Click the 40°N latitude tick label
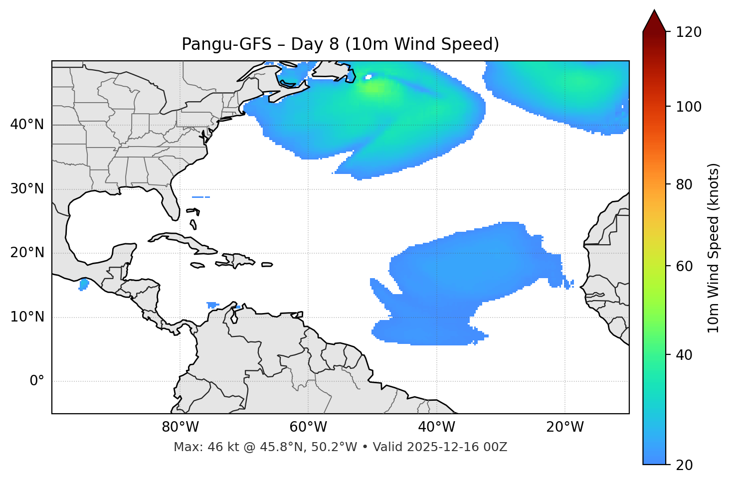pos(27,125)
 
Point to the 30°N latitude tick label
pos(27,189)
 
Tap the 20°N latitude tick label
pos(27,253)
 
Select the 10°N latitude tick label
pos(27,317)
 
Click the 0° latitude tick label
pos(37,381)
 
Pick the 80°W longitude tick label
pos(180,427)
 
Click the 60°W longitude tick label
pos(308,427)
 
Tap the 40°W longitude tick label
pos(436,427)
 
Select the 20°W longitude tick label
pos(564,427)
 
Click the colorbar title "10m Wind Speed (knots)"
pos(714,248)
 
